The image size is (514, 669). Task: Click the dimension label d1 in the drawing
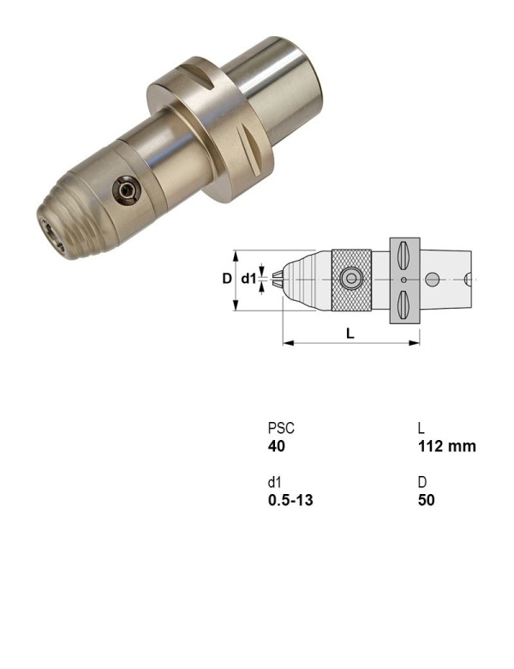click(248, 279)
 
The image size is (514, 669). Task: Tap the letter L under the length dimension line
click(350, 334)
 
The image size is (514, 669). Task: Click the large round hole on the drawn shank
click(433, 279)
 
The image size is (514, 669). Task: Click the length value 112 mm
click(446, 446)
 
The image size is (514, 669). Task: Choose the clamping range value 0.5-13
click(290, 499)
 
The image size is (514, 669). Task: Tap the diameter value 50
click(426, 499)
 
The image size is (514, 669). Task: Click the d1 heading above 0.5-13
click(274, 482)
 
